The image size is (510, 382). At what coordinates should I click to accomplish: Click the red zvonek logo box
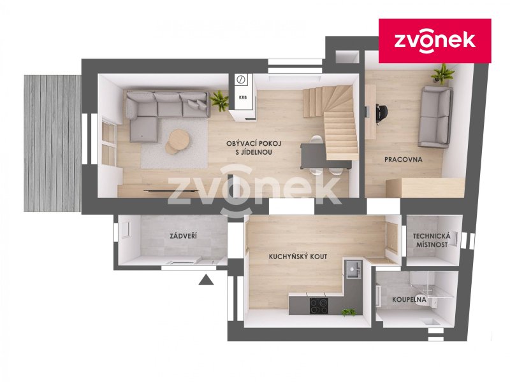435,41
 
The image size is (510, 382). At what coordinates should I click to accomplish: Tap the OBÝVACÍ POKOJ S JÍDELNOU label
254,148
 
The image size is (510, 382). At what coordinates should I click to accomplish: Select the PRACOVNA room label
404,160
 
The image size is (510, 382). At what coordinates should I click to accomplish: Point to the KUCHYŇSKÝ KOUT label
298,257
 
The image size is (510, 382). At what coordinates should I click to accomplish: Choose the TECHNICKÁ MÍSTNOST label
432,240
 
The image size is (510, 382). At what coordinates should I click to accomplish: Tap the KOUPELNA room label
409,299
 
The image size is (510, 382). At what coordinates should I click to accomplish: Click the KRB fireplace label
243,97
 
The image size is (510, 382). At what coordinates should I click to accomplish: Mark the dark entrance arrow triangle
206,279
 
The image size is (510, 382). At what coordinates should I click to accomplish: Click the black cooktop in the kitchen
318,306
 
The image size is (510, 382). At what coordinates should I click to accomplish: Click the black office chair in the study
381,114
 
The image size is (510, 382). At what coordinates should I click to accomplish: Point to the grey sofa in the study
435,117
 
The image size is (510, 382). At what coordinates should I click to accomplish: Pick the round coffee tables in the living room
177,141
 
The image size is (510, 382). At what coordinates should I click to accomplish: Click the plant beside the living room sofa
219,99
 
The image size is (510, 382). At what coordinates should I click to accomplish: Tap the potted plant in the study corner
442,74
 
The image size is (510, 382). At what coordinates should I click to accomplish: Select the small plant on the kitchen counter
349,313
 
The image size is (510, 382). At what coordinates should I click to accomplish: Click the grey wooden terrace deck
52,143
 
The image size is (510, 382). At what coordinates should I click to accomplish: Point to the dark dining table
312,156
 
